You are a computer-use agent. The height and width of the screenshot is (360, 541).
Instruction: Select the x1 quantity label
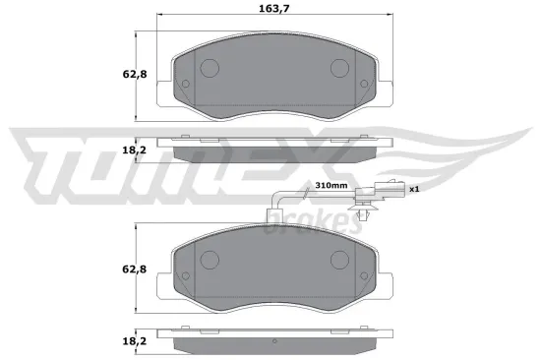[414, 189]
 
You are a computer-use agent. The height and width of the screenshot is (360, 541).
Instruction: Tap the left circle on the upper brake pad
[209, 68]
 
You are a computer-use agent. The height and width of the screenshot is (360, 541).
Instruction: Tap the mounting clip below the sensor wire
[367, 209]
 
